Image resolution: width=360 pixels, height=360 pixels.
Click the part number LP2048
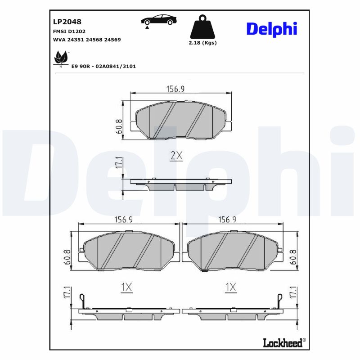pos(67,21)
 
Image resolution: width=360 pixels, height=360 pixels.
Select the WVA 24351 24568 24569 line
pos(87,40)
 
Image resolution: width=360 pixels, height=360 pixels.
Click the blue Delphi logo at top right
pos(271,28)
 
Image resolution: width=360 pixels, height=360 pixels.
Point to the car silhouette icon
pos(158,20)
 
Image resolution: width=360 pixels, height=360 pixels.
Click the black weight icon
pos(202,28)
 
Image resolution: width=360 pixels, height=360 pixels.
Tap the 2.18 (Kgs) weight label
pos(202,43)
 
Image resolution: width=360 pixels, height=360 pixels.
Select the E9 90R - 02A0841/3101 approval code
pos(103,66)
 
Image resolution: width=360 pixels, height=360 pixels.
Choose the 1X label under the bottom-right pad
pos(231,287)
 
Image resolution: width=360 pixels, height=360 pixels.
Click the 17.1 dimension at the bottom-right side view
pos(294,293)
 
